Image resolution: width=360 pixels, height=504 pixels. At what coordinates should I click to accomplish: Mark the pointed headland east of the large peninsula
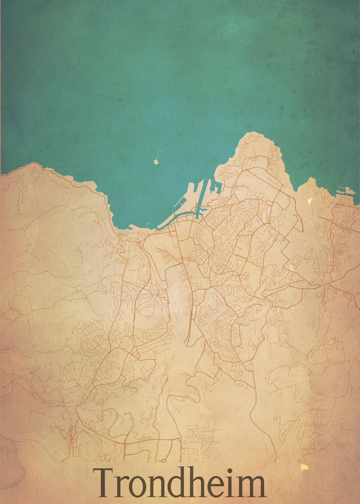point(311,179)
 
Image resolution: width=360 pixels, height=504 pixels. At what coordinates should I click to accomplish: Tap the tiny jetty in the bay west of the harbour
point(148,224)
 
